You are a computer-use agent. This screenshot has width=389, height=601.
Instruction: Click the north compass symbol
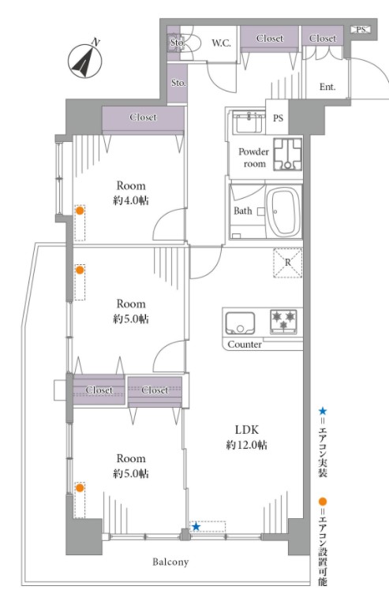point(85,60)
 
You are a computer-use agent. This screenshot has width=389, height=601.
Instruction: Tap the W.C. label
point(222,43)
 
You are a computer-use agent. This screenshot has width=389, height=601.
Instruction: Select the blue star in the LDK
point(196,527)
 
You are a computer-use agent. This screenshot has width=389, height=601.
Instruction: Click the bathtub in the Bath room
point(284,211)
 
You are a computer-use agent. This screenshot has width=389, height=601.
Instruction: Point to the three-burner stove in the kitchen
point(283,320)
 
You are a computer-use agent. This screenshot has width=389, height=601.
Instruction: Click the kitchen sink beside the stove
point(240,323)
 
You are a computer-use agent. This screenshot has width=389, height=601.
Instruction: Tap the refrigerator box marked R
point(288,263)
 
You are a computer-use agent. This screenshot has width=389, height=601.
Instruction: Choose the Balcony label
point(170,562)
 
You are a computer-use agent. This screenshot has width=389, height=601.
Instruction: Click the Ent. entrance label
point(327,87)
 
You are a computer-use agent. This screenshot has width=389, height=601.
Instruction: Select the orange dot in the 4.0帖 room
point(80,211)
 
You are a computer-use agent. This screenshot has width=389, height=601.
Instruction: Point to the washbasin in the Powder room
point(249,122)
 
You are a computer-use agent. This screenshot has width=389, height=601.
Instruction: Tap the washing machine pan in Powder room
point(287,154)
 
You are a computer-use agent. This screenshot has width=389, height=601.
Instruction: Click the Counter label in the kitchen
point(245,344)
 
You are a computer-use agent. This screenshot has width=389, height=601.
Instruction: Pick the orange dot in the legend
point(323,502)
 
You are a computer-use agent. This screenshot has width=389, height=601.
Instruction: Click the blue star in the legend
point(323,412)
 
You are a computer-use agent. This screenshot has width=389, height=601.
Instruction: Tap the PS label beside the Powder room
point(278,118)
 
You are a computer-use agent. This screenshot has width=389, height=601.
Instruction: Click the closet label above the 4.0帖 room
point(143,117)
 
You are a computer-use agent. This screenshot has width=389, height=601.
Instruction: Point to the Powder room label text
point(253,158)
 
